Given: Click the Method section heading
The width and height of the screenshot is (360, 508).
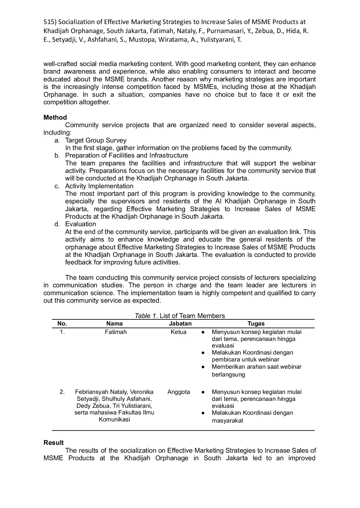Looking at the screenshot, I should click(x=55, y=117).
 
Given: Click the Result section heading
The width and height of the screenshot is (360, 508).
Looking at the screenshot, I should click(x=54, y=443).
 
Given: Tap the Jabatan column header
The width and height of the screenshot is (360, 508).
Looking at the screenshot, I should click(x=180, y=324).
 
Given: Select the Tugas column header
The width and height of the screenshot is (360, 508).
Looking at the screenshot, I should click(x=256, y=324).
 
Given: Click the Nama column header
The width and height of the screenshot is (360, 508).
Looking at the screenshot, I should click(x=114, y=324).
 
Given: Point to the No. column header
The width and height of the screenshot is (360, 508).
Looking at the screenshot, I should click(x=62, y=324).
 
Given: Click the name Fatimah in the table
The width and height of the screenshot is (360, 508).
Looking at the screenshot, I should click(x=116, y=332).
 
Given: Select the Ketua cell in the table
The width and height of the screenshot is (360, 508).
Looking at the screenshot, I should click(x=179, y=332).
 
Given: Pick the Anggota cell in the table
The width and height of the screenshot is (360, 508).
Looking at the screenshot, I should click(x=179, y=392).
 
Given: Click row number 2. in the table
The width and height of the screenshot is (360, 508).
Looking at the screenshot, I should click(x=62, y=392).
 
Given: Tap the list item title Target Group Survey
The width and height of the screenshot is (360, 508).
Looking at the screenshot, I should click(x=96, y=140).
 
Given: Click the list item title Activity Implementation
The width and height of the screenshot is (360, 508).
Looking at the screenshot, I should click(x=99, y=186).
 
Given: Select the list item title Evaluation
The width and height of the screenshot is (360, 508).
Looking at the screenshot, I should click(x=81, y=224).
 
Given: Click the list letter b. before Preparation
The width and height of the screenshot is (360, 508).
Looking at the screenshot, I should click(x=57, y=156).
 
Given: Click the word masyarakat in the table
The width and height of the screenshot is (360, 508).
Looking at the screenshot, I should click(x=227, y=421).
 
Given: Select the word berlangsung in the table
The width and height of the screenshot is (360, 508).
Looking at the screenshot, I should click(x=228, y=374).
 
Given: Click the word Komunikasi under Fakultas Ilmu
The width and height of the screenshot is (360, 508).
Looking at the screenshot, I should click(x=114, y=419).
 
